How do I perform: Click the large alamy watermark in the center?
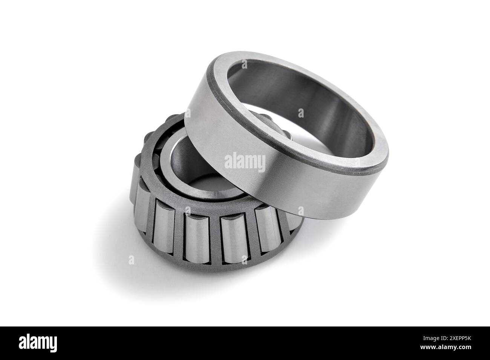pyautogui.click(x=245, y=162)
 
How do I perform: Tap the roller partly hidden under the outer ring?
pyautogui.click(x=286, y=222)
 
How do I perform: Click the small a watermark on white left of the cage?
pyautogui.click(x=131, y=260)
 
